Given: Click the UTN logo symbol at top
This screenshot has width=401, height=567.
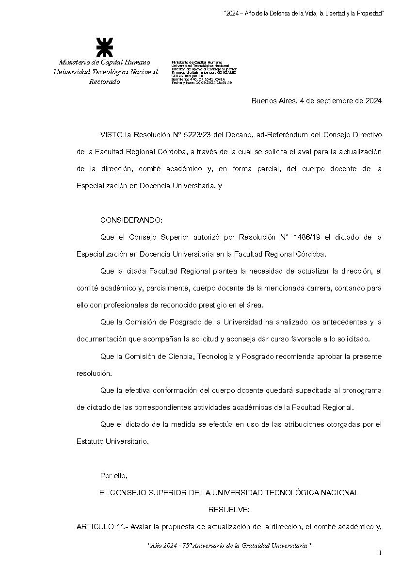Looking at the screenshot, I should [104, 48].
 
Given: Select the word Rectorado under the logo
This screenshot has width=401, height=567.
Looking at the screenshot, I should [104, 81].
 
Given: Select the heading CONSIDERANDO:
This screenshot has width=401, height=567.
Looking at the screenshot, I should [131, 220].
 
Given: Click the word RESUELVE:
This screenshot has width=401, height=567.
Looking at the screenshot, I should [229, 510].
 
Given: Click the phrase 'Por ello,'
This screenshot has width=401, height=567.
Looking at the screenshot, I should [114, 475].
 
